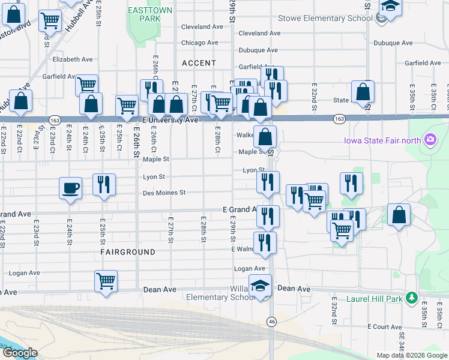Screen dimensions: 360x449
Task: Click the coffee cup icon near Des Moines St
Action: tap(71, 188)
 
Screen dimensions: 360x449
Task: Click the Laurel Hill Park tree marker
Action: tap(411, 298)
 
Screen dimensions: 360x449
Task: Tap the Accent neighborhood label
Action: tap(199, 63)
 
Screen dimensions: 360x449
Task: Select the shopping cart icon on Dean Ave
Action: tap(106, 280)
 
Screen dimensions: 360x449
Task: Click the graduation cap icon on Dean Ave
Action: tap(261, 285)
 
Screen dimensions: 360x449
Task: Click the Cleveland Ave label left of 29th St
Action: tap(202, 27)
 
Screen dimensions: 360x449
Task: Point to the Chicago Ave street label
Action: tap(200, 43)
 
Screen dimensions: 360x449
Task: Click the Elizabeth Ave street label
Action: tap(70, 59)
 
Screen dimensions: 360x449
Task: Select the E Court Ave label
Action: tap(385, 326)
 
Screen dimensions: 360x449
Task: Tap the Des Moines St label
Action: tap(164, 193)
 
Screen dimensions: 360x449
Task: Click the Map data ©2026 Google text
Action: tap(411, 355)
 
